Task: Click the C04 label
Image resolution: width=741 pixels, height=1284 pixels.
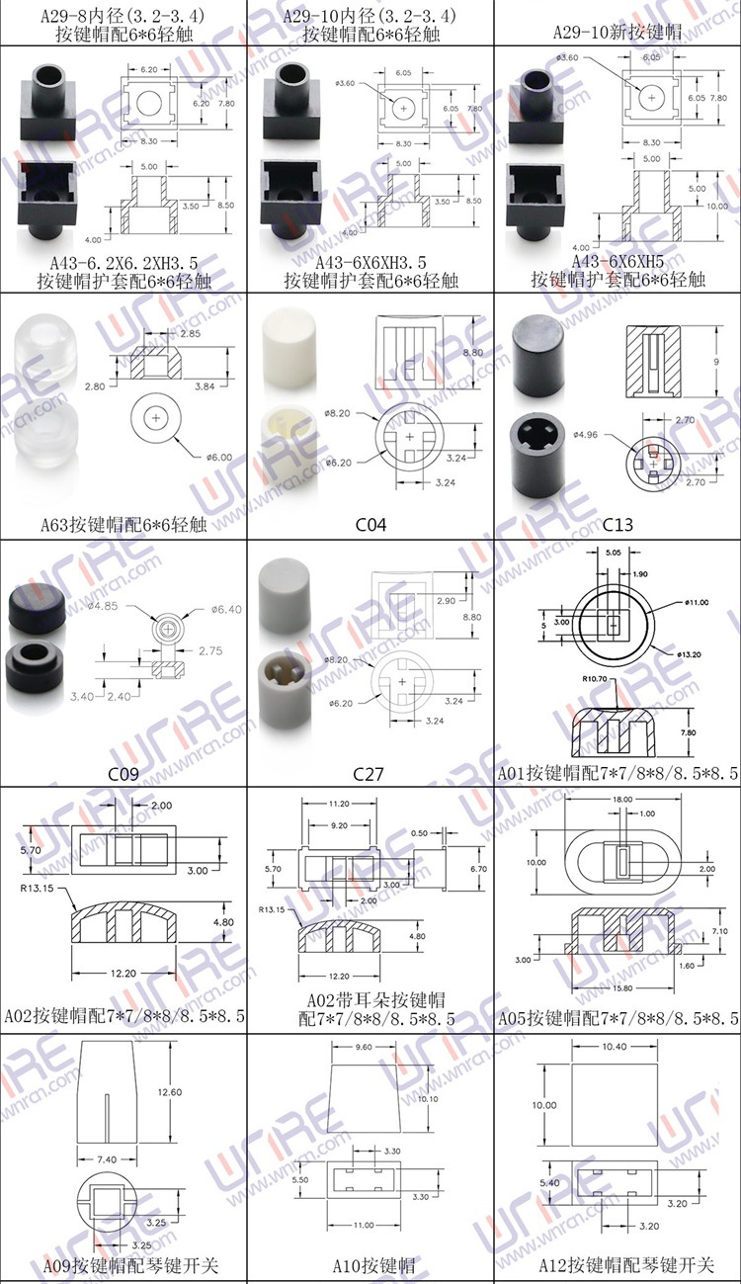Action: [x=371, y=524]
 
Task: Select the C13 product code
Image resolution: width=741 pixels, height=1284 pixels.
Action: [x=617, y=524]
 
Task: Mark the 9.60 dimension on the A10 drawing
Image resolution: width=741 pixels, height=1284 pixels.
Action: [x=368, y=1047]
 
